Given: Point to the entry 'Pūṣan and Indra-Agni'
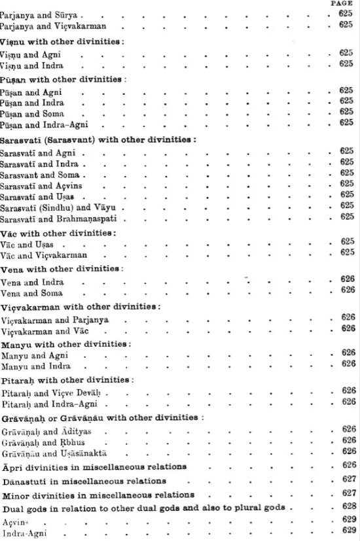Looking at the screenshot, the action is coord(44,124).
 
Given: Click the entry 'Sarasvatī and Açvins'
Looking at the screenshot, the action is coord(41,184).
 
